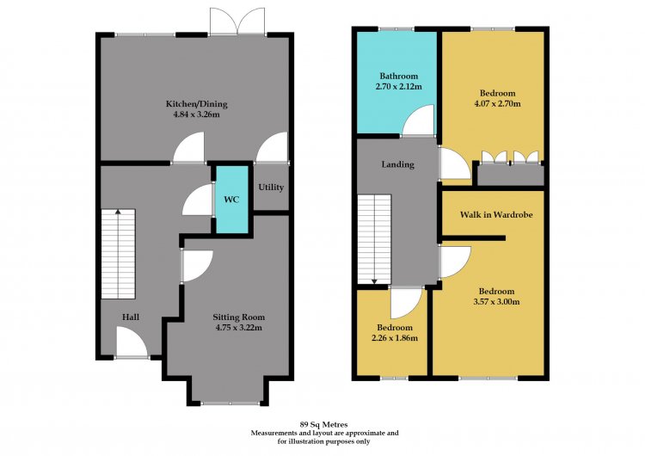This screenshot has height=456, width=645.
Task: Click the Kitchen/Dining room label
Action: (196, 104)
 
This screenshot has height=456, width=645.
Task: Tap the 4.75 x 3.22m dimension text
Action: (238, 328)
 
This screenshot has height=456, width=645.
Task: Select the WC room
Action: (232, 200)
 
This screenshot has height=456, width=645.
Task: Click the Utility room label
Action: (271, 188)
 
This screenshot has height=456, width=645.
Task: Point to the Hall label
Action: (131, 317)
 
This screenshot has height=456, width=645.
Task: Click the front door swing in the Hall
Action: (132, 342)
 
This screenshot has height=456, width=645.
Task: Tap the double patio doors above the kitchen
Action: (237, 22)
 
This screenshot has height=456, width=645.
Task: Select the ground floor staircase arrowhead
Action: (118, 212)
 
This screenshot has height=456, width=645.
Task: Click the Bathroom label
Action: (398, 76)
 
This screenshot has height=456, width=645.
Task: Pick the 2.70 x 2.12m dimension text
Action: (398, 86)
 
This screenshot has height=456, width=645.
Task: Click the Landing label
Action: (398, 164)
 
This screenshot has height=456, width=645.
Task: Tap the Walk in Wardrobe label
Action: (496, 214)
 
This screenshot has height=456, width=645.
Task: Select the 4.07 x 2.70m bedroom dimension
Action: (497, 103)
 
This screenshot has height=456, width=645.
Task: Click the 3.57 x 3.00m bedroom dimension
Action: (496, 302)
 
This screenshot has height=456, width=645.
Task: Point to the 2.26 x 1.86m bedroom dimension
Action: (395, 338)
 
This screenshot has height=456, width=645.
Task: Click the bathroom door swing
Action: (418, 120)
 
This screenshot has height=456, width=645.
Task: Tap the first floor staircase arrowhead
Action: (374, 281)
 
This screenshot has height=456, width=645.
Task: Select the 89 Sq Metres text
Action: (324, 424)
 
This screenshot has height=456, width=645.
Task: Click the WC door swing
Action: (198, 200)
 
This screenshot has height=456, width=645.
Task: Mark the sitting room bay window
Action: (230, 403)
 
